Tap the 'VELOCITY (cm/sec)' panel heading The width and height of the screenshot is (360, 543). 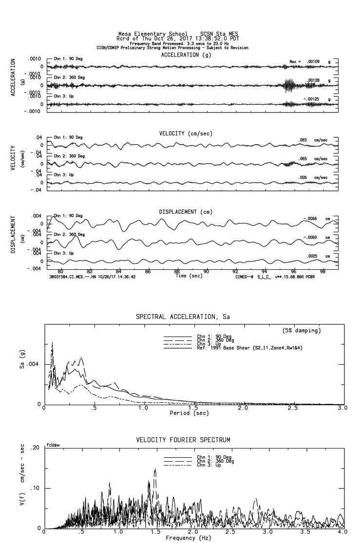(186, 133)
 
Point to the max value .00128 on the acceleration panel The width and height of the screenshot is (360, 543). (312, 80)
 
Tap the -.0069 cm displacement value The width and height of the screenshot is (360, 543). (310, 237)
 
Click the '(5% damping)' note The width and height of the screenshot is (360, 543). (302, 331)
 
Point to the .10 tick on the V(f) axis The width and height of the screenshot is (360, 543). (36, 488)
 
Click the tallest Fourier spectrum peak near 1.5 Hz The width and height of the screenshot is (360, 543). (155, 469)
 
